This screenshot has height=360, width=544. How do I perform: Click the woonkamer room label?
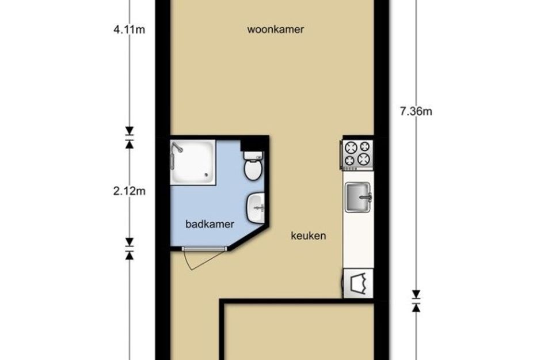point(276,29)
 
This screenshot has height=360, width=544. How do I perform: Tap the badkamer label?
point(210,224)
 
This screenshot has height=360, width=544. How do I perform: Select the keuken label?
point(308,236)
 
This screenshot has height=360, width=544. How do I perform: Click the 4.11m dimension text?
point(129,30)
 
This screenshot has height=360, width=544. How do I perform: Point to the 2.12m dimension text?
point(129,191)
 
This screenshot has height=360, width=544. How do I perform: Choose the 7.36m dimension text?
point(416,111)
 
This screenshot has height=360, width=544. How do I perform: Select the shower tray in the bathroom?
point(192,161)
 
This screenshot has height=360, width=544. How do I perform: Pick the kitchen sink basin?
point(357,197)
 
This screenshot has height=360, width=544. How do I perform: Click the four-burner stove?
point(358,155)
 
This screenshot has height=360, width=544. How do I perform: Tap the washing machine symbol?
point(359,283)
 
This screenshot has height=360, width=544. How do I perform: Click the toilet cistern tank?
point(254,156)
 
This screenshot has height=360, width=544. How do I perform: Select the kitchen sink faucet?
point(366,198)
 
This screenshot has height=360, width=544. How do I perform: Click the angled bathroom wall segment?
point(249,238)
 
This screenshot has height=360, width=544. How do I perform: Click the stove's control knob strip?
point(351,169)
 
